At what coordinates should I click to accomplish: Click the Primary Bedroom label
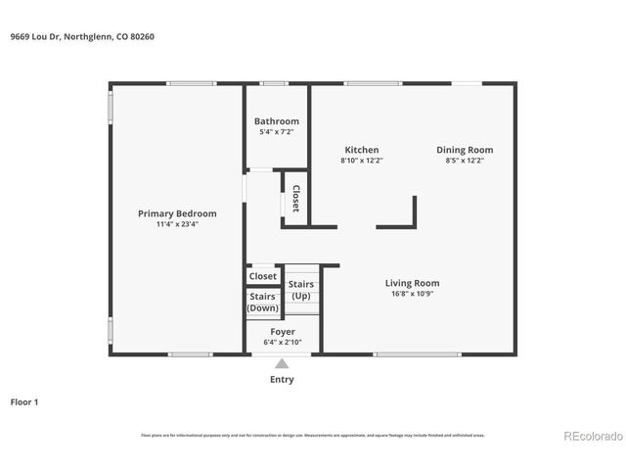(177, 213)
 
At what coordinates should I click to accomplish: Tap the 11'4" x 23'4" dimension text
(177, 224)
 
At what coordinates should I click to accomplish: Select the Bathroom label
(277, 121)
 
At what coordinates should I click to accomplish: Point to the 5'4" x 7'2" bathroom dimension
(277, 131)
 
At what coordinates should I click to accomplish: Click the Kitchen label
(361, 150)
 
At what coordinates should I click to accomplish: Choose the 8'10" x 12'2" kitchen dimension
(361, 161)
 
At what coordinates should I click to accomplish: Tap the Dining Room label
(465, 150)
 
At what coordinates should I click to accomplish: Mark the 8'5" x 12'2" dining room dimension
(465, 161)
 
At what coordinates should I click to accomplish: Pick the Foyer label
(283, 332)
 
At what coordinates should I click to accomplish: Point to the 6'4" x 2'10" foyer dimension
(283, 342)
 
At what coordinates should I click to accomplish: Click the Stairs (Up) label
(301, 290)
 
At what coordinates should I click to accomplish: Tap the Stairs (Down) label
(262, 302)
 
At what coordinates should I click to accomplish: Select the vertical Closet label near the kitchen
(295, 199)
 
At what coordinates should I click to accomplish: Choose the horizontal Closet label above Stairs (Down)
(262, 276)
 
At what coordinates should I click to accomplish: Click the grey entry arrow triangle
(282, 364)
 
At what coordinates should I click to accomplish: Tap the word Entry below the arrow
(282, 380)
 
